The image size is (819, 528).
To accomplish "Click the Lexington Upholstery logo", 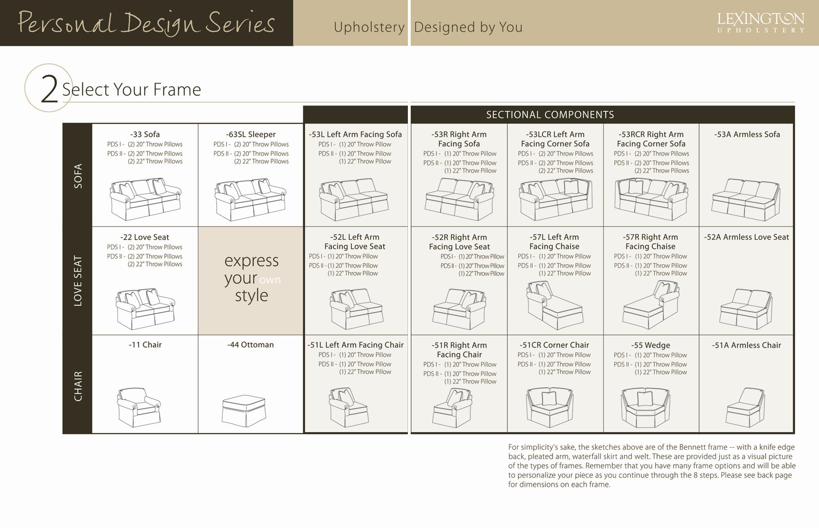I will [760, 23].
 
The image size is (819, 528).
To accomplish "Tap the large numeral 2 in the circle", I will [49, 89].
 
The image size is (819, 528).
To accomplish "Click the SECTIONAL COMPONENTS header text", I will [550, 115].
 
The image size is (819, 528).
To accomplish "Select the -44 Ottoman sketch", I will [244, 410].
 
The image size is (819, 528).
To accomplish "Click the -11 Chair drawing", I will [139, 407].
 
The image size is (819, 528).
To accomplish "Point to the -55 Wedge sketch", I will [645, 408].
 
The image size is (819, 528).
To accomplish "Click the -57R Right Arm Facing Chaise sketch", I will [651, 305].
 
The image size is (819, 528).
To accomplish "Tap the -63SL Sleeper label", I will [251, 134].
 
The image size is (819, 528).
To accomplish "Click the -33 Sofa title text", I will [145, 134].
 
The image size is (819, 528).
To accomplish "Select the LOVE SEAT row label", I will [78, 281].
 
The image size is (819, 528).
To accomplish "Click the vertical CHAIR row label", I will [78, 386].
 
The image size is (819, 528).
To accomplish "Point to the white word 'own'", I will [270, 280].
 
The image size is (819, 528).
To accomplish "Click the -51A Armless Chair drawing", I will [745, 408].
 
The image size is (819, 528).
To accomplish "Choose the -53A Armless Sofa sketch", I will [746, 199].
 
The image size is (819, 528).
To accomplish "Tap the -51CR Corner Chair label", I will [554, 345].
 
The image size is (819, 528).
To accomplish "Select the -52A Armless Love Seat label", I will [746, 237].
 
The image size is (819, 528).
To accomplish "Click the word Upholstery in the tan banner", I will [369, 27].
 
